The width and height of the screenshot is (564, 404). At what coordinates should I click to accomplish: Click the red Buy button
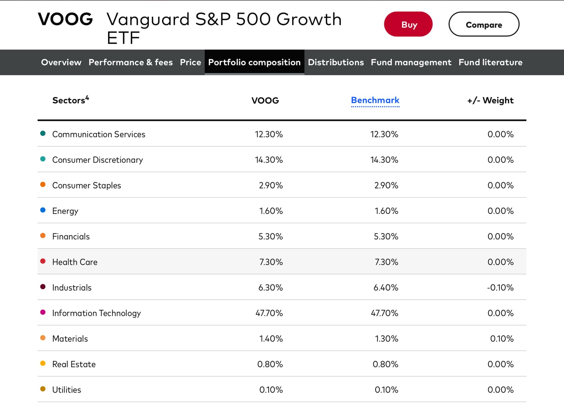click(408, 24)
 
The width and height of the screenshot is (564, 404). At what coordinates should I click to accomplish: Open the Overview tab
click(61, 62)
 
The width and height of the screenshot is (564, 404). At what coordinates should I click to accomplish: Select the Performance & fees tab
click(130, 62)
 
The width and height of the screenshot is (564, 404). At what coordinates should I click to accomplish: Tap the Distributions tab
click(336, 62)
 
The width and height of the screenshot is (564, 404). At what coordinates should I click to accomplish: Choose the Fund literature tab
click(490, 62)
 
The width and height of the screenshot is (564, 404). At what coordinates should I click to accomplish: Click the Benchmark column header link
click(375, 100)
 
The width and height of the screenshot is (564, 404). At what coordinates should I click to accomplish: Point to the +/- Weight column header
click(490, 101)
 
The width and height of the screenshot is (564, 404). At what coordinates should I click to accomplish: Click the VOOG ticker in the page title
click(65, 20)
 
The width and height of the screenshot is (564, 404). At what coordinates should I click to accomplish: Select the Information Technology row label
click(96, 313)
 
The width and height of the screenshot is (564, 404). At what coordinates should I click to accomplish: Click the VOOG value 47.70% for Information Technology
click(269, 313)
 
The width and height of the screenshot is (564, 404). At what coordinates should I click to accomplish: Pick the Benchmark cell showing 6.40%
click(386, 287)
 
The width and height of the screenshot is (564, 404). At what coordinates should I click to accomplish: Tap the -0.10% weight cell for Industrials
click(500, 287)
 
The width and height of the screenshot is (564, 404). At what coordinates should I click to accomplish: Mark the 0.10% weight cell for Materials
click(502, 339)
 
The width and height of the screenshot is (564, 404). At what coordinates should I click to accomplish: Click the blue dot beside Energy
click(43, 210)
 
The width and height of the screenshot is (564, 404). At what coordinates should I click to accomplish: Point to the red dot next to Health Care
click(43, 261)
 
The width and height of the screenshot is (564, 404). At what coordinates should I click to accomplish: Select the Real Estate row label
click(74, 364)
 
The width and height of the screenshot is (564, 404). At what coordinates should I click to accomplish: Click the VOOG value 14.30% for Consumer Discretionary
click(269, 160)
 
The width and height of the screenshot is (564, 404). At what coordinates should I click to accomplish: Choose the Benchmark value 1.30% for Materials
click(386, 339)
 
